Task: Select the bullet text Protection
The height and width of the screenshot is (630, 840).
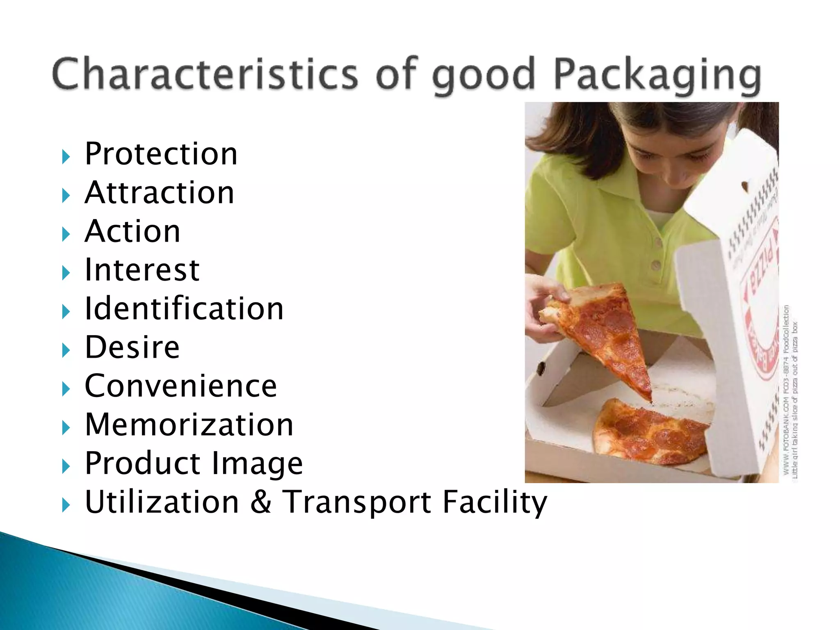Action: pos(161,154)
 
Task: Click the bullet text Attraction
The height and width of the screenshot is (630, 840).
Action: pos(159,192)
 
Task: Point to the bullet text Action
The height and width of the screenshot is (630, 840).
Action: pos(132,231)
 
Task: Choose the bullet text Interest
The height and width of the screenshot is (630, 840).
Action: pos(142,270)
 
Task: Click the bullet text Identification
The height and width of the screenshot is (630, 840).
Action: pos(184,308)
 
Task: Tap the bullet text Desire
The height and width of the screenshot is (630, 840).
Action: pos(132,347)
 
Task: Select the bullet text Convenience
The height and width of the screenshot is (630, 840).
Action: pos(180,386)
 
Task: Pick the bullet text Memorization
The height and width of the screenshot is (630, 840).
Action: pos(189,425)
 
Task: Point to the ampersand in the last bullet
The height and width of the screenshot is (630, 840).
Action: pos(260,502)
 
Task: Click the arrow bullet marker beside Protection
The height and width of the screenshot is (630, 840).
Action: pos(66,157)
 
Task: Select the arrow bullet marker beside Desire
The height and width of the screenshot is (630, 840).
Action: pos(66,350)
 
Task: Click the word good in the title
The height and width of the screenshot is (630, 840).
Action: pos(484,76)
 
